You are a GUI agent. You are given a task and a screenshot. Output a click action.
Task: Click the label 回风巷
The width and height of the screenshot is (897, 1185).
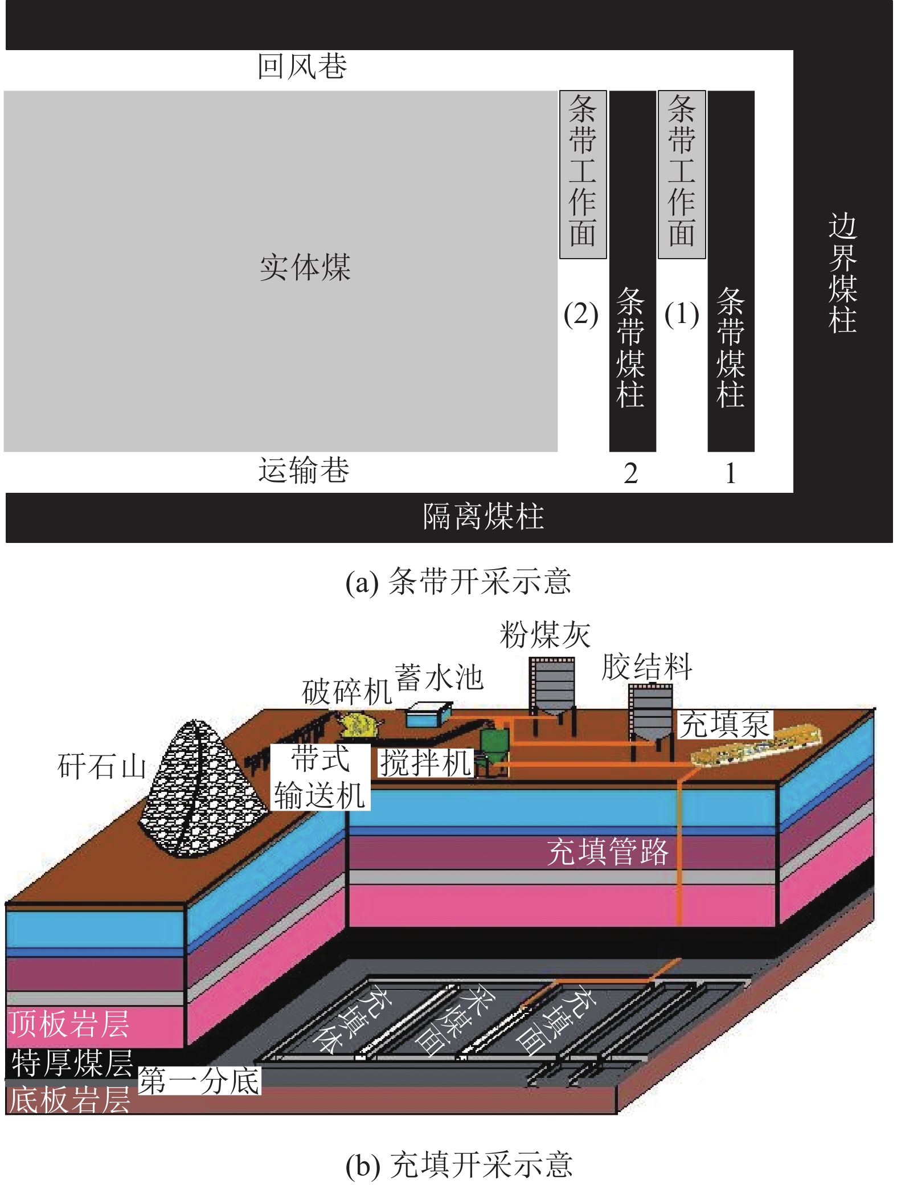tap(302, 67)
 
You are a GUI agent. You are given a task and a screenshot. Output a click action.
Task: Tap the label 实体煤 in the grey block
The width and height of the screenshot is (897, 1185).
tap(305, 267)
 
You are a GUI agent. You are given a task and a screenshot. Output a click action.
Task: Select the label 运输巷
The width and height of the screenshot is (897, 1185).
tap(304, 471)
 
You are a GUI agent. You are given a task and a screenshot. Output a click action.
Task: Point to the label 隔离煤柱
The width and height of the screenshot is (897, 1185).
tap(483, 517)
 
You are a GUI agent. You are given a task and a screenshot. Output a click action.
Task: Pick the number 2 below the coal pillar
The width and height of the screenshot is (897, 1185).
tap(630, 473)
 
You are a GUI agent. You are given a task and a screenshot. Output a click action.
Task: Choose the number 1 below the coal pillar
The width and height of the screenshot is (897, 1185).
tap(731, 473)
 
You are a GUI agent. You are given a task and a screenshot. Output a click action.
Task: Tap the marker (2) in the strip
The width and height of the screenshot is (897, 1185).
tap(581, 314)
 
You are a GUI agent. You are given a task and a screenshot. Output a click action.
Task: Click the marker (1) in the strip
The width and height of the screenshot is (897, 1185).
tap(681, 314)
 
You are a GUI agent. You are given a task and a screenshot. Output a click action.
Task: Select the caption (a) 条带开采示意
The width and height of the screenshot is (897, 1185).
tap(458, 582)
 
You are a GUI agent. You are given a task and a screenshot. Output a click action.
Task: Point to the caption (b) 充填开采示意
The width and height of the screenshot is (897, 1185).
tap(459, 1164)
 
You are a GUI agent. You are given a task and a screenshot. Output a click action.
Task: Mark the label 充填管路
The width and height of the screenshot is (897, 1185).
tap(608, 852)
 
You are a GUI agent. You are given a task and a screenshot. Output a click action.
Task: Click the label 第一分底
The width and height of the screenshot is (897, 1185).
tap(199, 1081)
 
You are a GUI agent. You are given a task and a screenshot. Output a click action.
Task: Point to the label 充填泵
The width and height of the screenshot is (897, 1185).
tap(725, 724)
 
